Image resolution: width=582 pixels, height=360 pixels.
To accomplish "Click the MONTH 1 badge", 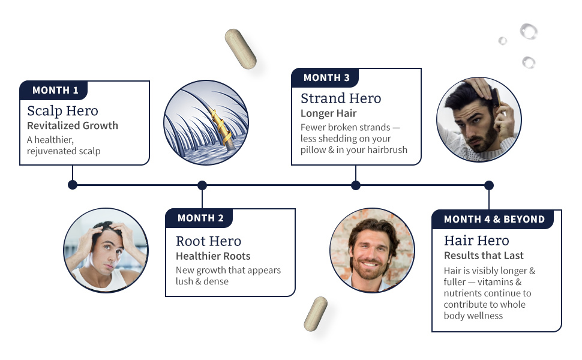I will click(55, 91).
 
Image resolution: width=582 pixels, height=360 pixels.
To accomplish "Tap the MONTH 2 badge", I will click(200, 218).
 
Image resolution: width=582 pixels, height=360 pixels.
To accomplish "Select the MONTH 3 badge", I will click(326, 78).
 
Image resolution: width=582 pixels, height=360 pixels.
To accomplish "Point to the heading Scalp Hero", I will click(62, 111).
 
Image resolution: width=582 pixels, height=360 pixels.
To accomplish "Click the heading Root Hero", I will click(208, 241).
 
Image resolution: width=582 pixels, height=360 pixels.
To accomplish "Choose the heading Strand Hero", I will click(340, 98).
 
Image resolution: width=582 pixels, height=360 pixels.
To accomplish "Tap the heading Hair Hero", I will click(476, 241).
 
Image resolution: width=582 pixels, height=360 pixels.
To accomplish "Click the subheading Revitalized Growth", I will click(73, 126).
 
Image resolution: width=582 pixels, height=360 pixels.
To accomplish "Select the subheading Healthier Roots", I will click(213, 256).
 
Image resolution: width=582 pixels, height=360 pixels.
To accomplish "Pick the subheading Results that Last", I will click(484, 256).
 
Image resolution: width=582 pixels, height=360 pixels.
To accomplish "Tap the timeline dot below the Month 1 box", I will click(73, 185).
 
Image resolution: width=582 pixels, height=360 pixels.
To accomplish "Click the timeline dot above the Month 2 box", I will click(202, 185).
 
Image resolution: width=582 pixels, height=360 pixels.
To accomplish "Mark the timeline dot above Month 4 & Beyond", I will click(489, 185).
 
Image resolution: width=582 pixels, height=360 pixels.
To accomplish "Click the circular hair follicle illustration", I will click(197, 123).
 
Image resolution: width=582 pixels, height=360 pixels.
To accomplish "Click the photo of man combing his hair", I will click(479, 119).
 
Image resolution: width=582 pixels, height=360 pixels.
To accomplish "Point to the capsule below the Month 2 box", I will click(316, 314).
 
